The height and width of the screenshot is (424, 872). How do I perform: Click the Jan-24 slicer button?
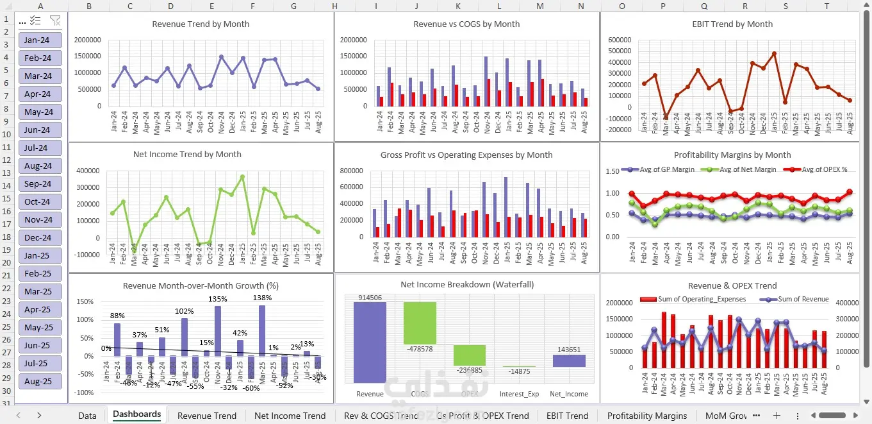tap(40, 40)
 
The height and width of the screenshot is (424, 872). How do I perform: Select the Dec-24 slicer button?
tap(40, 237)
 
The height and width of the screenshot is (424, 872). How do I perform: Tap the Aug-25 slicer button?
tap(40, 381)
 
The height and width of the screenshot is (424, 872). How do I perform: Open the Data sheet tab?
tap(87, 416)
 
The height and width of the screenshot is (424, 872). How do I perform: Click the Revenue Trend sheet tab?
tap(206, 416)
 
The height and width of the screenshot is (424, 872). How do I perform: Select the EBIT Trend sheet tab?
tap(567, 416)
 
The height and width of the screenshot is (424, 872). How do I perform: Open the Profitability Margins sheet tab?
tap(647, 416)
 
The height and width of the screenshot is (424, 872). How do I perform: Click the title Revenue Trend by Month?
tap(201, 24)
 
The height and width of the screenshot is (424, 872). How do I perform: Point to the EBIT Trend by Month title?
tap(732, 24)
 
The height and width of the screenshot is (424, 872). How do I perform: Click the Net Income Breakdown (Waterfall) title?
tap(467, 284)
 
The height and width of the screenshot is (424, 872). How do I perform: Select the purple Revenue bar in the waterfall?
tap(370, 343)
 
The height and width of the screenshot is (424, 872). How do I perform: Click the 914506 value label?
tap(370, 298)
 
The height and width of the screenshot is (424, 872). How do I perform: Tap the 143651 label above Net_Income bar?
tap(569, 350)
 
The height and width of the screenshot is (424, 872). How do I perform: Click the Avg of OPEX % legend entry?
tap(825, 169)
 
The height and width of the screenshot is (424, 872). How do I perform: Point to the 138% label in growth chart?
tap(262, 298)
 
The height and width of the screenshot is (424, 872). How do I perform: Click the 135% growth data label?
tap(218, 299)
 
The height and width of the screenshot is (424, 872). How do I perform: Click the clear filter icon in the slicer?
tap(55, 21)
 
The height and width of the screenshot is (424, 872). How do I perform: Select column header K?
tap(457, 6)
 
